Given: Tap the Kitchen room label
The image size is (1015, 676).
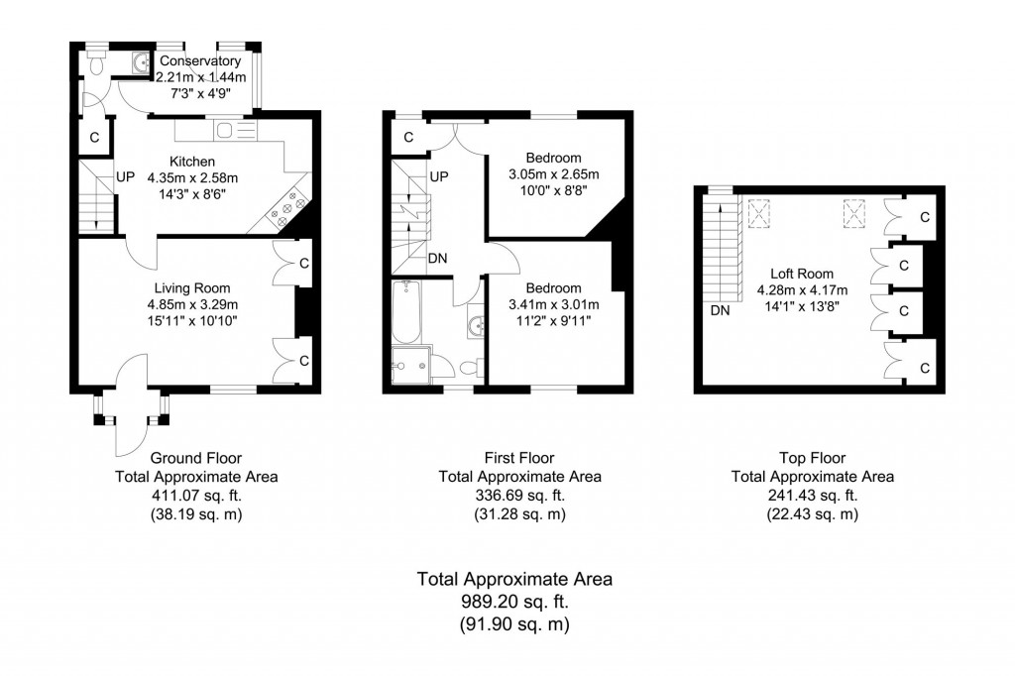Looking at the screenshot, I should coord(192,162).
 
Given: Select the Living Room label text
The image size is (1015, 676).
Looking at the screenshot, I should coord(192,288).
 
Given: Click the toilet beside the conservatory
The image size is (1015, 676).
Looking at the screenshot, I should coord(95,65).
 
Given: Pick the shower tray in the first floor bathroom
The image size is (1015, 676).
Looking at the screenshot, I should coord(411,366).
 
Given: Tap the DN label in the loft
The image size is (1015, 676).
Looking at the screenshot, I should coord(719,310).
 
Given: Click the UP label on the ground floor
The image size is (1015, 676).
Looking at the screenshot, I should coord(125,177).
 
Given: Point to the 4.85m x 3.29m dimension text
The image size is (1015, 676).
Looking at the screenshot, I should coord(192,304).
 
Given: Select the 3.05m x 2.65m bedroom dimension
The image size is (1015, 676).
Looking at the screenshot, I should coord(553,174).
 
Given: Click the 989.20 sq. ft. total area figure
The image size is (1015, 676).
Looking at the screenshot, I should coord(514,602).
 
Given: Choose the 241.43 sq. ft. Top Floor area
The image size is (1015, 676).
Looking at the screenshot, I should coord(812,495).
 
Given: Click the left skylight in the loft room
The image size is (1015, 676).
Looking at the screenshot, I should coord(761,212).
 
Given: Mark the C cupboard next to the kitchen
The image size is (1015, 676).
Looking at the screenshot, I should coord(95,138).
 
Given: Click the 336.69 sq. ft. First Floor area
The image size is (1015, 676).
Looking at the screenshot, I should coord(518,495).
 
